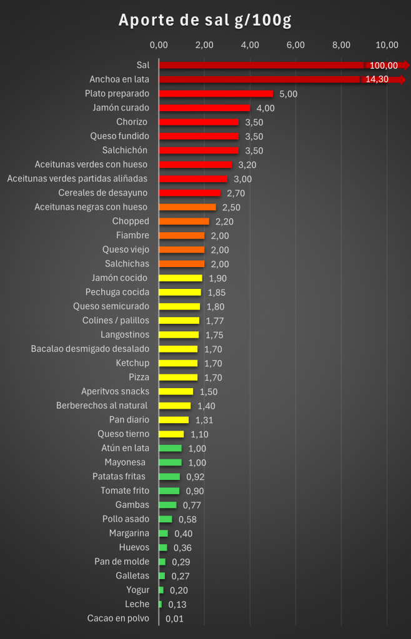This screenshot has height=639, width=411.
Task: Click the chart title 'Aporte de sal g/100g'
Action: (x=205, y=21)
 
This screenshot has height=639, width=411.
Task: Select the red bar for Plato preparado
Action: (x=216, y=94)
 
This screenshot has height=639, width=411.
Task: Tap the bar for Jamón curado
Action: (x=204, y=108)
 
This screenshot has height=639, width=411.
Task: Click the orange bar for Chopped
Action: (x=184, y=221)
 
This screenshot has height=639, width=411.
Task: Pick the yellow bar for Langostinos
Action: (x=179, y=334)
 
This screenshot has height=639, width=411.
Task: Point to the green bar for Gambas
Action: (x=167, y=505)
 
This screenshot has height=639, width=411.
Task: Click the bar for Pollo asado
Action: (x=166, y=519)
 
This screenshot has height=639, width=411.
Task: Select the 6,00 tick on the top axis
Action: (x=295, y=44)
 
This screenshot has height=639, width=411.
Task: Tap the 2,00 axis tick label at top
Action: (x=204, y=44)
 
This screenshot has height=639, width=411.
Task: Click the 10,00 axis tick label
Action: (x=388, y=44)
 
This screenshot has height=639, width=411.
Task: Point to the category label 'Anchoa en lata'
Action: (x=119, y=79)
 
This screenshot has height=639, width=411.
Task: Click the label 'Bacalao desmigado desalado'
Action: (x=90, y=349)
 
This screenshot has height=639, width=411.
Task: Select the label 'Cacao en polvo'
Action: (x=118, y=618)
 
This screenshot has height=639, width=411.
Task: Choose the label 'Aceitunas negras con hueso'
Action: (x=91, y=207)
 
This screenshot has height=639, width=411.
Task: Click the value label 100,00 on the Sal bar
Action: (x=384, y=66)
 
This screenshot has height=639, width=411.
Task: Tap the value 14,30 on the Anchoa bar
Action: (x=377, y=80)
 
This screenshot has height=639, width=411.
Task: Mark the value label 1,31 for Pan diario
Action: (x=204, y=420)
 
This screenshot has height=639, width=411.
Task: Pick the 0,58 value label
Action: (x=187, y=519)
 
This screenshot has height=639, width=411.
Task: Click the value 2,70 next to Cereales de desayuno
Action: (x=235, y=193)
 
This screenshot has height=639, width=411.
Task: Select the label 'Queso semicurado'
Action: (x=111, y=306)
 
